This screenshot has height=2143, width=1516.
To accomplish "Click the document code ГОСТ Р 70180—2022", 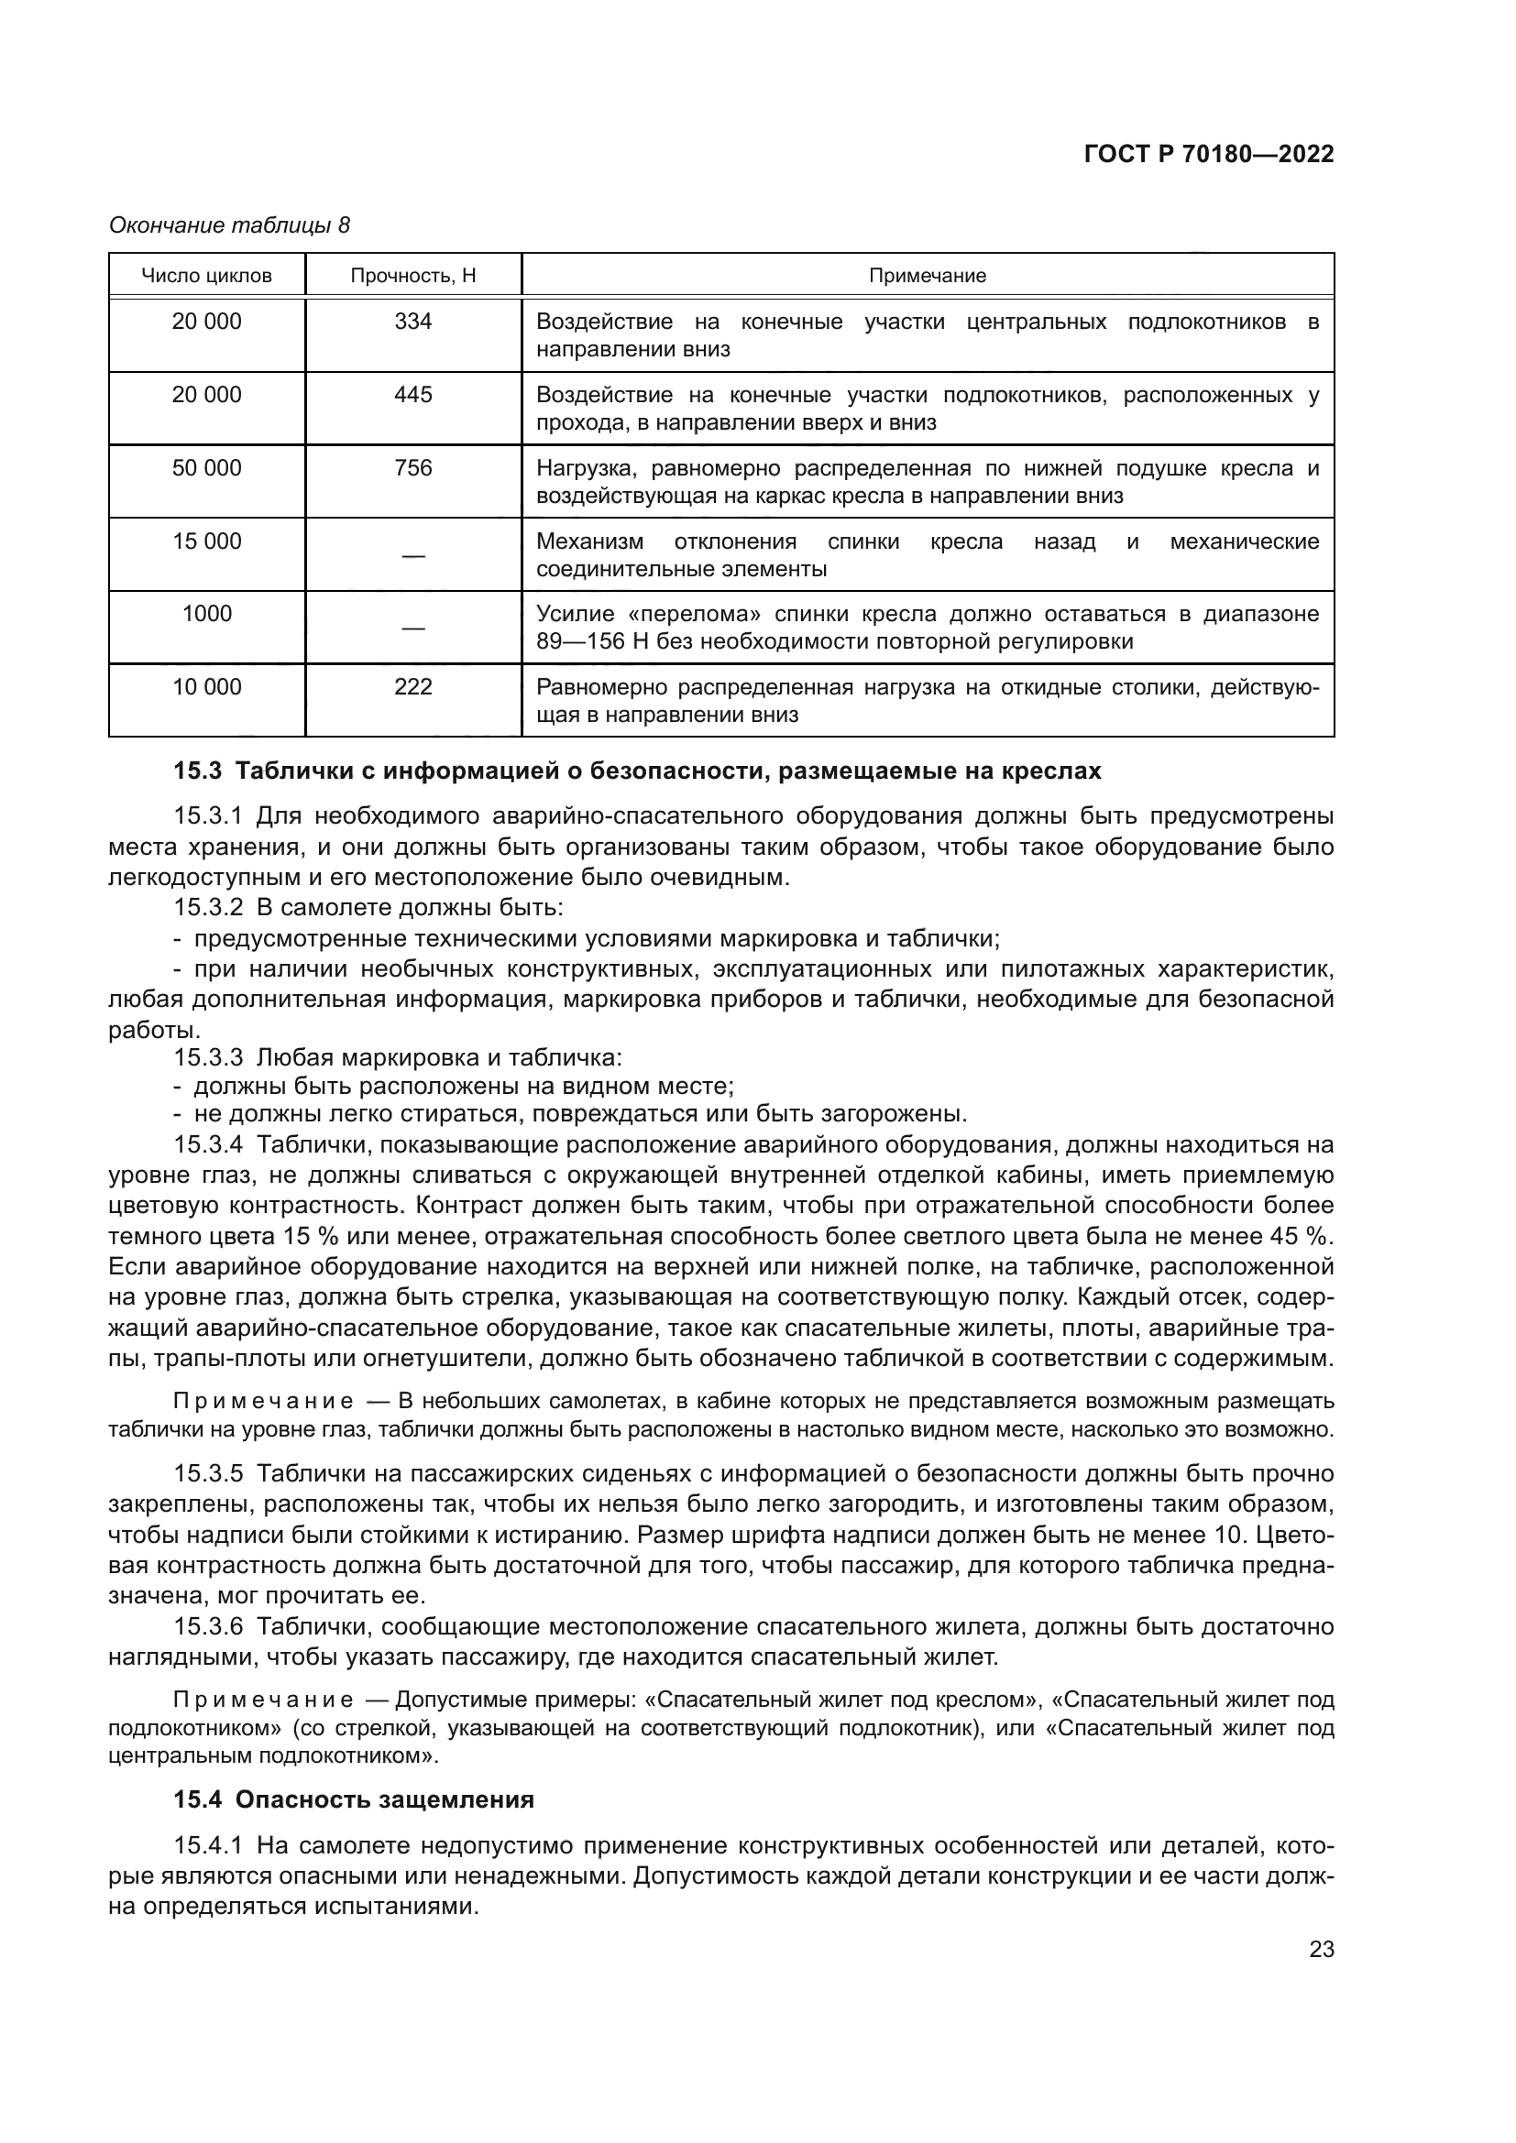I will [1209, 154].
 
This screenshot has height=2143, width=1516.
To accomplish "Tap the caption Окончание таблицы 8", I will [230, 225].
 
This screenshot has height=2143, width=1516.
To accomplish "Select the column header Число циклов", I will [206, 276].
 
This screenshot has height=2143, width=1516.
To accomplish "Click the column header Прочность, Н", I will [412, 276].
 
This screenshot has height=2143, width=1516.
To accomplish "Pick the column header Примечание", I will [927, 276].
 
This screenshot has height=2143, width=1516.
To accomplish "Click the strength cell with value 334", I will [412, 322].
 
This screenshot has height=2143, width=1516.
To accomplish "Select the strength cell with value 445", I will [412, 395].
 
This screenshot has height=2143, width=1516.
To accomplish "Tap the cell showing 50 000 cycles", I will [206, 467].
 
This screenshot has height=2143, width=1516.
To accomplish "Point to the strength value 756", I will [412, 467].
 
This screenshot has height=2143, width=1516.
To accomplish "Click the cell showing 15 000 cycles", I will [206, 541].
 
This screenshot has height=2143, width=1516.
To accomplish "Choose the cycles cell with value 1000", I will [206, 613].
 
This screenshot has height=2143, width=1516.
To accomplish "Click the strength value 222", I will [412, 687].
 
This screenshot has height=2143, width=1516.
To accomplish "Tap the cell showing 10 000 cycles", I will [206, 687].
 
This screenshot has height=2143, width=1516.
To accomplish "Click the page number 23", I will [1321, 1949].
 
